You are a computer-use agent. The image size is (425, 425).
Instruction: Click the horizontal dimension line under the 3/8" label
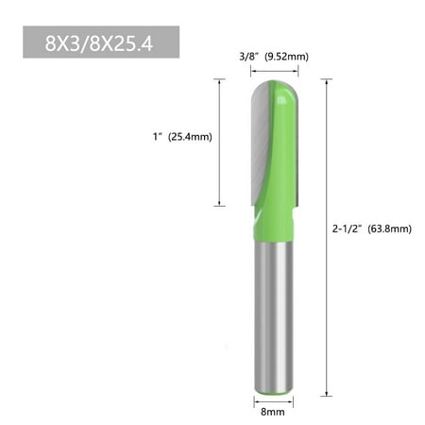tap(272, 70)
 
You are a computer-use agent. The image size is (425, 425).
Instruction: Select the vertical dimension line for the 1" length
tap(220, 142)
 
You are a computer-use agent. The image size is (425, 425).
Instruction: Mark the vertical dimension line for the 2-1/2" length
tap(327, 236)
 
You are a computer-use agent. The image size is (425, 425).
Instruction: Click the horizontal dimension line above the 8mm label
tap(273, 399)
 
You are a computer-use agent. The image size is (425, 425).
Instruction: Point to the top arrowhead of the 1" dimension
tap(220, 82)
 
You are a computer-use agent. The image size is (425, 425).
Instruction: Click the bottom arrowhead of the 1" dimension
tap(220, 203)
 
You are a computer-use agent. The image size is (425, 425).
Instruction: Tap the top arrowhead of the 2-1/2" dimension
tap(327, 82)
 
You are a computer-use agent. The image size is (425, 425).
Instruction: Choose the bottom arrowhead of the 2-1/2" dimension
tap(327, 393)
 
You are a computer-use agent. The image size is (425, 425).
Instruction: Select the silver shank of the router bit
tap(273, 312)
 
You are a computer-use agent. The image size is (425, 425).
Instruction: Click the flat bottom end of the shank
tap(273, 390)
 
